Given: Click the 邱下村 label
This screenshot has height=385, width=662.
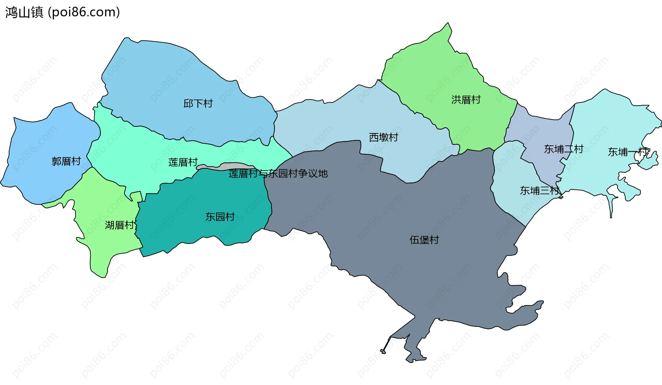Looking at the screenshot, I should [198, 103].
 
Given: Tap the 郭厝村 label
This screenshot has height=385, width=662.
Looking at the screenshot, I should [66, 161].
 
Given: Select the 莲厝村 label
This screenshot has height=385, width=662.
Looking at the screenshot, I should [183, 162].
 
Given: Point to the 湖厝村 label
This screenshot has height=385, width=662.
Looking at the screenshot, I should [120, 225].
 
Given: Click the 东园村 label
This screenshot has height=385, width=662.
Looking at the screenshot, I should [220, 217].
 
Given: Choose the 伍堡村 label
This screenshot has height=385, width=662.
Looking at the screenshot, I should [424, 240].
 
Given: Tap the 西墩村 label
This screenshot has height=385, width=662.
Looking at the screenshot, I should [383, 138].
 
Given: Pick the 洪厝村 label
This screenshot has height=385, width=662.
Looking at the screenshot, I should [466, 100].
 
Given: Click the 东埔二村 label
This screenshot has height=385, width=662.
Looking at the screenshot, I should [563, 149].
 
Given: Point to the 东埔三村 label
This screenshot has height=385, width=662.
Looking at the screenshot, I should [540, 191].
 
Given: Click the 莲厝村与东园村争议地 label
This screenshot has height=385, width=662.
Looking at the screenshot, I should [278, 174].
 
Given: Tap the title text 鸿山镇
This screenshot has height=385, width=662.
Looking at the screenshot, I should [24, 12].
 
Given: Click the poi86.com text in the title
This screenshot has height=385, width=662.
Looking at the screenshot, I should [84, 12].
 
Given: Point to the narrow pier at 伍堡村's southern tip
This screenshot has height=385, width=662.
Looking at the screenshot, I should [386, 345].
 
